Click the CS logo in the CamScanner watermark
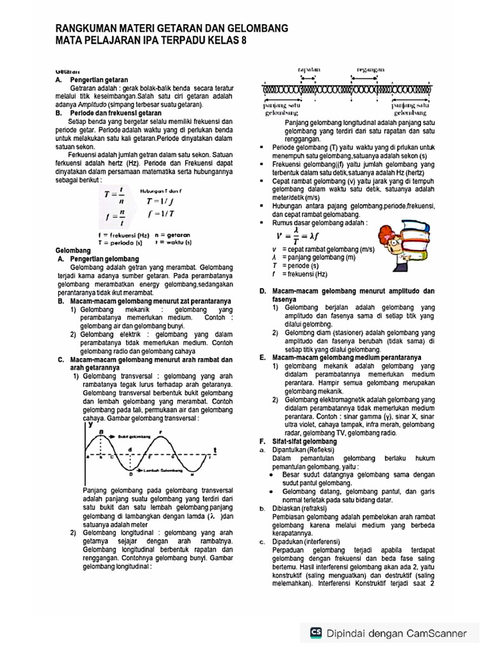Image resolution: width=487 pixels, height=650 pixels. tap(316, 633)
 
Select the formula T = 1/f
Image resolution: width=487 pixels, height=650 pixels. tap(155, 202)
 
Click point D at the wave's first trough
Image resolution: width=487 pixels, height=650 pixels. tap(131, 474)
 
